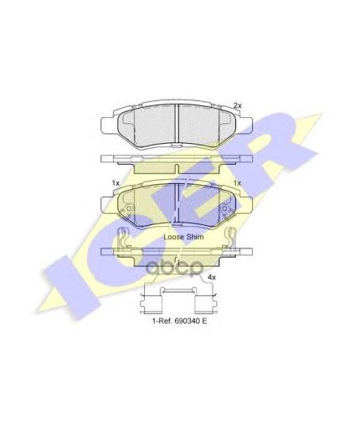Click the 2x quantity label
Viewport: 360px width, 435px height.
pos(237,105)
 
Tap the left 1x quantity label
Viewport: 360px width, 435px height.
pos(116,183)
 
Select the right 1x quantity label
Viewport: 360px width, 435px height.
pos(237,183)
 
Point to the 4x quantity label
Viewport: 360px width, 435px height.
pos(212,278)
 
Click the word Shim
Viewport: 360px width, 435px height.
pos(195,237)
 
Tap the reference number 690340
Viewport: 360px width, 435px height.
pos(187,321)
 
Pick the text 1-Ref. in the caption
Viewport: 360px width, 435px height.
pos(162,321)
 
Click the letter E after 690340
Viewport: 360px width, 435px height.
pos(204,321)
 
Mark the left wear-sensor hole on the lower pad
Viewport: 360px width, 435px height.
pos(129,208)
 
